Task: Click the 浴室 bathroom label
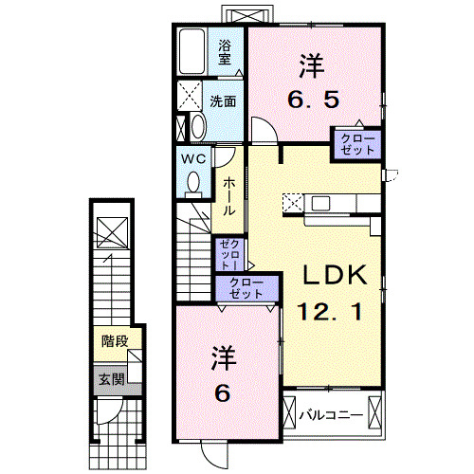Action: pos(225,52)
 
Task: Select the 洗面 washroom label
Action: pos(224,100)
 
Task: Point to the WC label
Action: pos(195,158)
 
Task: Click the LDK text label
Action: pos(334,275)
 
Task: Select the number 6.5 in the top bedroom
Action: pos(313,98)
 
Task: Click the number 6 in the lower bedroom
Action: pos(223,392)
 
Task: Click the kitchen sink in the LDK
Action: pos(319,202)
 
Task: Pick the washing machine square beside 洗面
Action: pos(190,97)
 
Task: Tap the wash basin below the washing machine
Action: pos(194,127)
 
